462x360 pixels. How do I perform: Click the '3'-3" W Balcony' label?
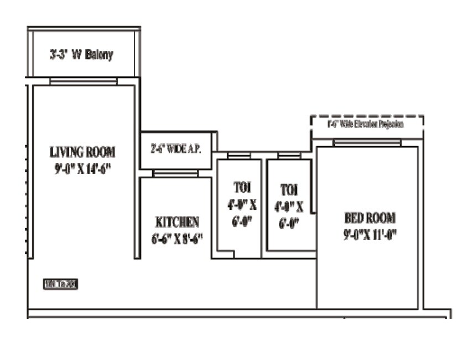click(x=81, y=55)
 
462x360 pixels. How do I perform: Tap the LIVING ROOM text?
click(x=82, y=152)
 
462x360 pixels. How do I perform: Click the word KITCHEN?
click(x=177, y=223)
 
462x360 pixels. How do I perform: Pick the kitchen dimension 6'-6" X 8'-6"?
click(x=177, y=239)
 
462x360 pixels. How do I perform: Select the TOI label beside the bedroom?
click(x=289, y=190)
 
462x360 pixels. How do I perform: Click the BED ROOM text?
click(x=370, y=218)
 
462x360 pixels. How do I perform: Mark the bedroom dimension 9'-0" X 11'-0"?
click(x=370, y=234)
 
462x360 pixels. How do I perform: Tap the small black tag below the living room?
click(x=61, y=285)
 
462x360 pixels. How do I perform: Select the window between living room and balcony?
click(x=83, y=81)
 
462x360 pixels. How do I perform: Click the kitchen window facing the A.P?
click(x=175, y=174)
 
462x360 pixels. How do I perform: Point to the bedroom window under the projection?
click(x=367, y=143)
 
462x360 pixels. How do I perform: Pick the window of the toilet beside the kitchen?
click(x=239, y=157)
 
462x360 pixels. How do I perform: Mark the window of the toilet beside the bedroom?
click(x=289, y=157)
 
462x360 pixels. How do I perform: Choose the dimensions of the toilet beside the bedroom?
click(x=289, y=215)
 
